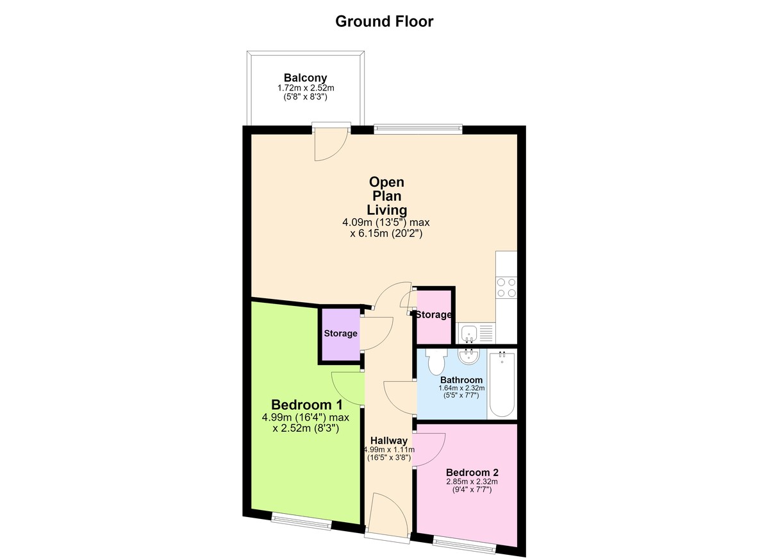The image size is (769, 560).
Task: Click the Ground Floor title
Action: coord(384,21)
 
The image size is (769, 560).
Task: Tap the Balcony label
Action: coord(305,78)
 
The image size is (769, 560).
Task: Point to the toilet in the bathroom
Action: coord(436,362)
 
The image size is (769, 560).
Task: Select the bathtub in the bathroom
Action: coord(502,384)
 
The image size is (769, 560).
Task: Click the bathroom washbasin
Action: coord(468,356)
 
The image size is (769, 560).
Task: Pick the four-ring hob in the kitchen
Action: coord(506,287)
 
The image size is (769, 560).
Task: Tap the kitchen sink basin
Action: coord(469,334)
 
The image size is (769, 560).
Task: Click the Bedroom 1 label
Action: coord(306,405)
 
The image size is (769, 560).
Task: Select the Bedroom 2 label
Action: coord(472,472)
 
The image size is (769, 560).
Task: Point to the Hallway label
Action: coord(389,441)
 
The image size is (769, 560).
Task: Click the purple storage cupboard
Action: coord(340,335)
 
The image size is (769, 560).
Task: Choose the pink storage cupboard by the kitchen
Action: coord(434,317)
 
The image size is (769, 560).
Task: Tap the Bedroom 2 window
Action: coord(464,546)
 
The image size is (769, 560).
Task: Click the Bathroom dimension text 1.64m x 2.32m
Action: coord(461,388)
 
